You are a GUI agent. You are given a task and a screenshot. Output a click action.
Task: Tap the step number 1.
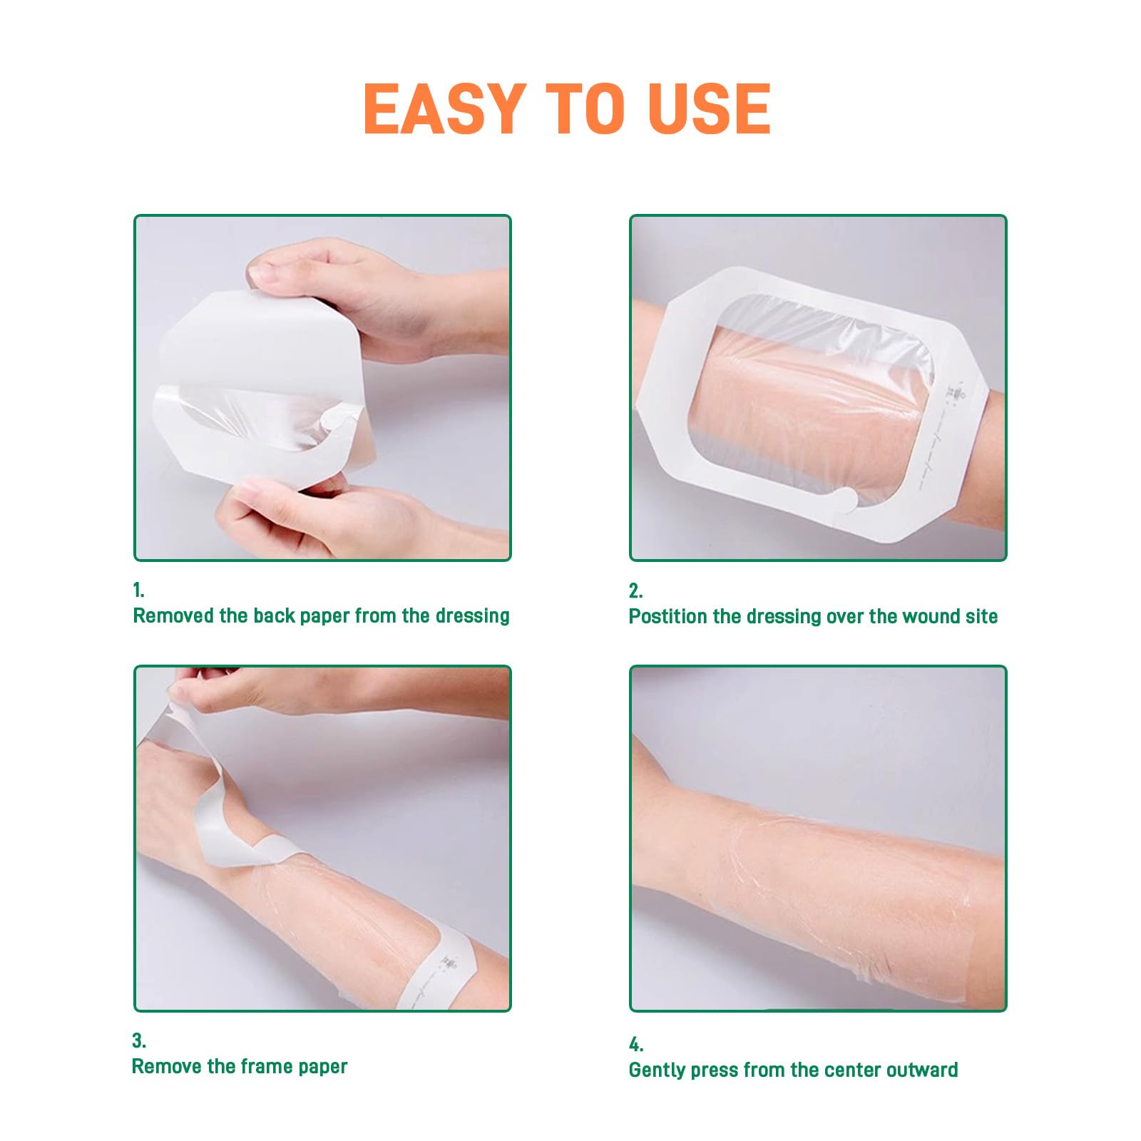coord(138,590)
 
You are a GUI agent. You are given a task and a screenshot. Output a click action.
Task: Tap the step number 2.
coord(635,590)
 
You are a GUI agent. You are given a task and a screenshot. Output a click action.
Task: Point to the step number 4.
coord(636,1045)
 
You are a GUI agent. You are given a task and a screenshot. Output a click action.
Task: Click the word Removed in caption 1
coord(173,615)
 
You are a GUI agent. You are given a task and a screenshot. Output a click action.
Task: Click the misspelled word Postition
coord(667,616)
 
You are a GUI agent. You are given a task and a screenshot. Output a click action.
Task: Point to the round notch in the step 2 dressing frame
coord(846,498)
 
